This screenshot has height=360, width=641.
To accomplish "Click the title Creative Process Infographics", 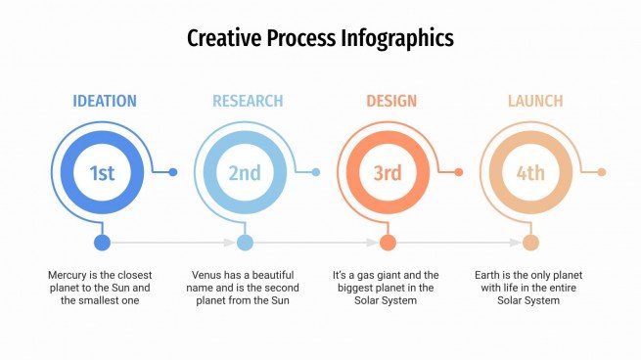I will click(x=320, y=39).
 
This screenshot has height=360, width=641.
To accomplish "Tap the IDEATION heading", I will click(x=105, y=101).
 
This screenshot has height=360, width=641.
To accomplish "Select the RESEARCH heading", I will click(x=248, y=101).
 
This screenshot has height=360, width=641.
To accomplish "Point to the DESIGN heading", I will click(x=390, y=101).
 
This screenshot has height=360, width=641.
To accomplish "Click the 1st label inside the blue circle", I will click(x=103, y=173).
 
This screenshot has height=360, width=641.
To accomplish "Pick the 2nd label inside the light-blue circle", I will click(x=245, y=173).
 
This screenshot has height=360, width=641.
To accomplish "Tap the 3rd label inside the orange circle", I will click(x=388, y=173).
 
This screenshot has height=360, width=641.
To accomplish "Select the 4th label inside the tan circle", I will click(x=530, y=173).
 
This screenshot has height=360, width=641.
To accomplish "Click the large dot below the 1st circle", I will click(x=103, y=243).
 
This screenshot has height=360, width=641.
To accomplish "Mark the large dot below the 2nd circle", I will click(x=245, y=243).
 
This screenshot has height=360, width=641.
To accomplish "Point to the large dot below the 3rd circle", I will click(x=388, y=243).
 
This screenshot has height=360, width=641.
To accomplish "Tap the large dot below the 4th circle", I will click(x=530, y=243).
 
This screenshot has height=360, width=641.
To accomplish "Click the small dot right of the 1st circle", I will click(x=173, y=172).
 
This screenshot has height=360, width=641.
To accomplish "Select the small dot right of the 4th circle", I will click(x=602, y=172).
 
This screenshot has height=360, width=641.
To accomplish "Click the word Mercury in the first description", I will click(x=68, y=276).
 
